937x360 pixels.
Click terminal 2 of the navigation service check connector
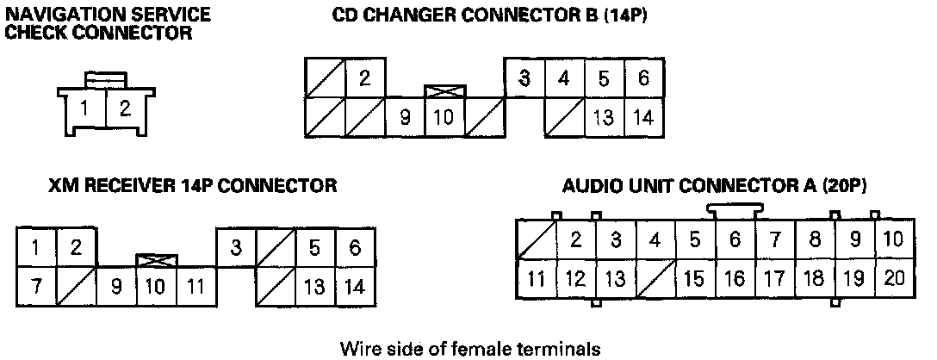[x=125, y=109]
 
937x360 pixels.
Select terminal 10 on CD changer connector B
[x=444, y=117]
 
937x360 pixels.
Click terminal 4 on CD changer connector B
[x=564, y=78]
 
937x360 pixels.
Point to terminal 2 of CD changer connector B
[x=365, y=78]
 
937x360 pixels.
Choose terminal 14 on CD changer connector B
[x=643, y=117]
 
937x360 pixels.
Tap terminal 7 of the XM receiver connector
[x=36, y=286]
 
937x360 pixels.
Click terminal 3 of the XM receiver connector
[x=235, y=248]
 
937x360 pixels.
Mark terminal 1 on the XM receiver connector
[x=36, y=248]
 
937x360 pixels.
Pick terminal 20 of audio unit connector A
[x=893, y=277]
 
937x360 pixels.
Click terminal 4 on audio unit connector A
[x=655, y=239]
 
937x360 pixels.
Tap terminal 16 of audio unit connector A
[x=735, y=277]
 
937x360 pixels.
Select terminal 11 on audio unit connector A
[x=536, y=277]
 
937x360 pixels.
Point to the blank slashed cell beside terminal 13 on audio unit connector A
[x=655, y=277]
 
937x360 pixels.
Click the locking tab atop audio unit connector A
[x=734, y=209]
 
